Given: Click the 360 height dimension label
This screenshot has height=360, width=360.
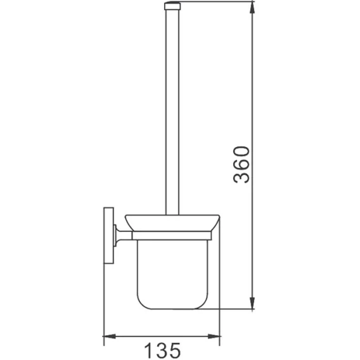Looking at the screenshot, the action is (241, 164).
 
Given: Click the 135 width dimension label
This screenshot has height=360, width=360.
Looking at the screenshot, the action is (162, 350).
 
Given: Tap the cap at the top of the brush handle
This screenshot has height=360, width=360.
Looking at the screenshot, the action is (172, 6).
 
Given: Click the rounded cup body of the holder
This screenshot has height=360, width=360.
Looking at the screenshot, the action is (172, 274).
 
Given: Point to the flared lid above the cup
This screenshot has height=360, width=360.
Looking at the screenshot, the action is (172, 223).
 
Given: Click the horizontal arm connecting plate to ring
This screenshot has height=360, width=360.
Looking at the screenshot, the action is (124, 236).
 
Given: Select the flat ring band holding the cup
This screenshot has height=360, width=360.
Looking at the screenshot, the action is (172, 236).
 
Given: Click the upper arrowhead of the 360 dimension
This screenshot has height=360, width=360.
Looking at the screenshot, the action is (252, 8).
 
